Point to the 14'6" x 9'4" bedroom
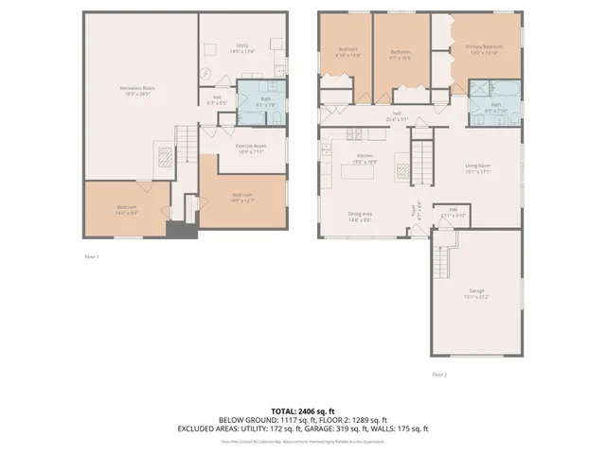[x=127, y=210]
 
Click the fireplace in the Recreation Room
[x=163, y=156]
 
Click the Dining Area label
[x=360, y=217]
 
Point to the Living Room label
[x=477, y=168]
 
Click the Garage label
[x=476, y=293]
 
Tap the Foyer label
[x=414, y=212]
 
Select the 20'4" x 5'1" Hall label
[x=396, y=117]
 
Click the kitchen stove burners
[x=401, y=171]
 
